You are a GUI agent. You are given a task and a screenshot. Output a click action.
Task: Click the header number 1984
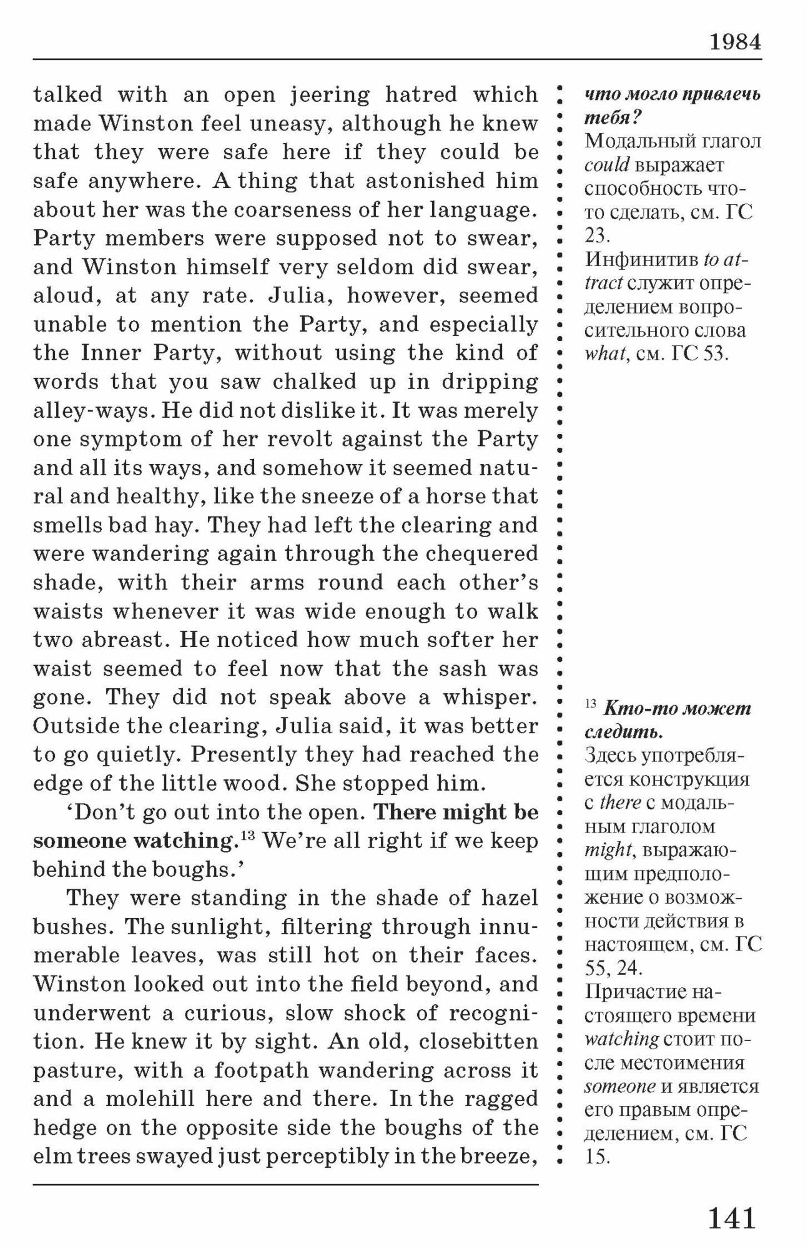[735, 42]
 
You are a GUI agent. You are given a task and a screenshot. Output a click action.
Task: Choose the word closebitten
[478, 1042]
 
